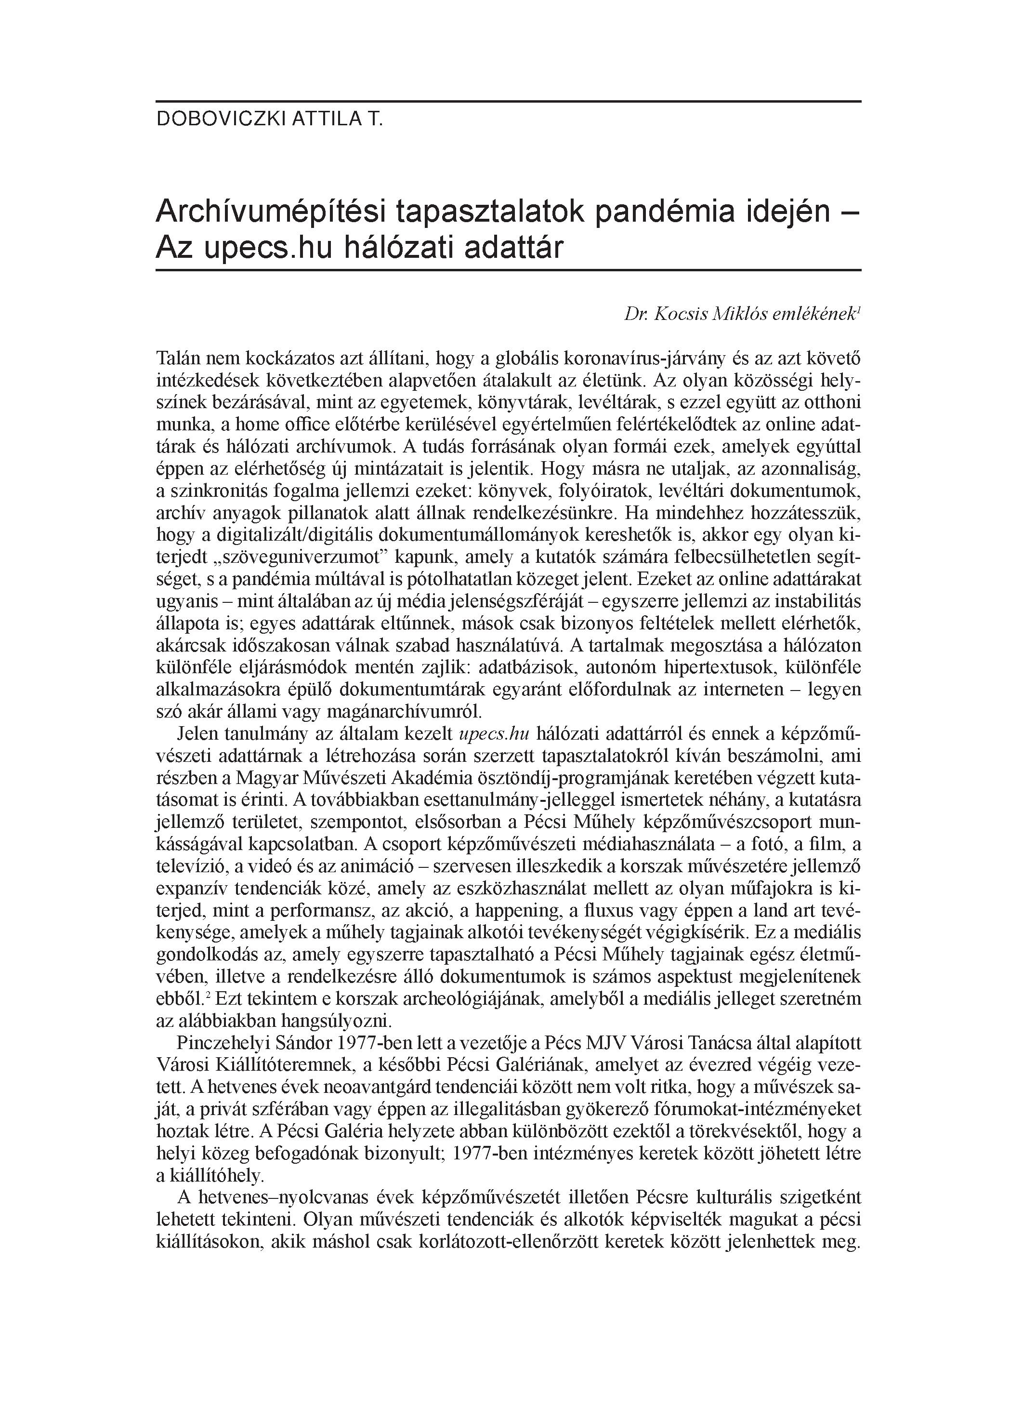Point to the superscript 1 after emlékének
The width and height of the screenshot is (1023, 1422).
pyautogui.click(x=858, y=310)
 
